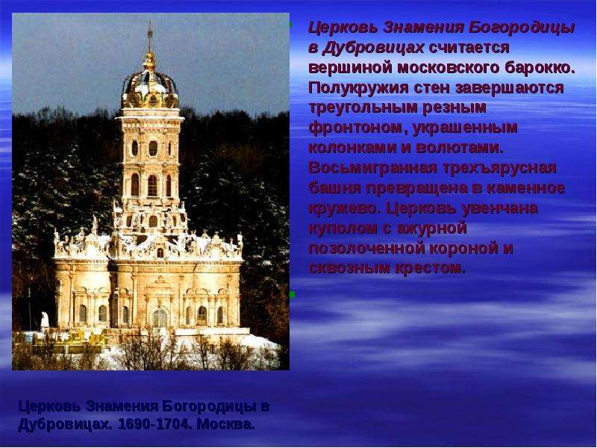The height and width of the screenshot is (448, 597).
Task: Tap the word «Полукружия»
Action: [358, 88]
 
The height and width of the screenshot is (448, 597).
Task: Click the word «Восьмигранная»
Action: [372, 168]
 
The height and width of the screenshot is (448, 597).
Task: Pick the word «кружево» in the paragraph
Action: [345, 208]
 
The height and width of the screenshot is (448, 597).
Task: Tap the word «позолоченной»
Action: [366, 248]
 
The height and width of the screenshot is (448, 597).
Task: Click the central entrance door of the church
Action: [160, 318]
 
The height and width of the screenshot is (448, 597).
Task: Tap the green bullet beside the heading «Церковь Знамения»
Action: [290, 25]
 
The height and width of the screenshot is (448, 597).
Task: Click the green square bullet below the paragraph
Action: [292, 294]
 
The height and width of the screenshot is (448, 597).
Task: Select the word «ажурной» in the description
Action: [431, 228]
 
